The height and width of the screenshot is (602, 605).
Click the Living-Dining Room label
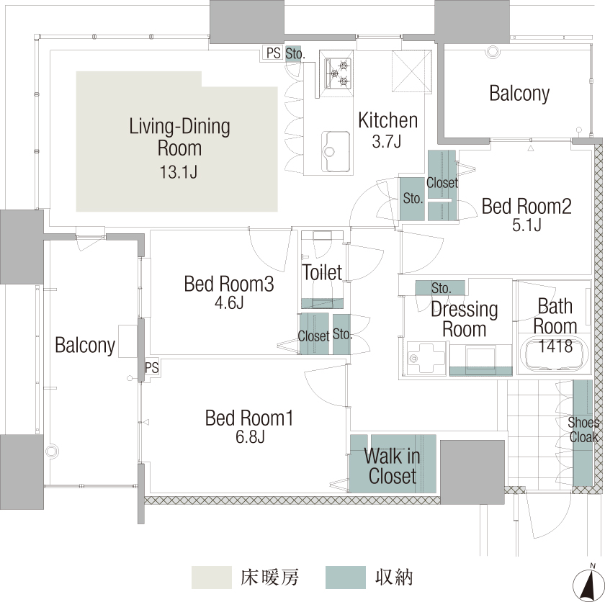pyautogui.click(x=179, y=138)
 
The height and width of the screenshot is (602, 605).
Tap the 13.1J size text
pyautogui.click(x=179, y=171)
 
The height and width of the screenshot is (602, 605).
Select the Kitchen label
pyautogui.click(x=387, y=120)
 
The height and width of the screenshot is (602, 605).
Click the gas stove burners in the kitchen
pyautogui.click(x=339, y=73)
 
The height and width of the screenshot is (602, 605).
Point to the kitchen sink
pyautogui.click(x=336, y=151)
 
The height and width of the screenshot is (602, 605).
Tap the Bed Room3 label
pyautogui.click(x=229, y=284)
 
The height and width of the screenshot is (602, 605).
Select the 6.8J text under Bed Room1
pyautogui.click(x=250, y=437)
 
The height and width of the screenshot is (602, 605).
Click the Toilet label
pyautogui.click(x=322, y=272)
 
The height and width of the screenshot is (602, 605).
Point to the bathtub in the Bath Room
pyautogui.click(x=555, y=354)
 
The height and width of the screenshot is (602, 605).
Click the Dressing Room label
pyautogui.click(x=464, y=319)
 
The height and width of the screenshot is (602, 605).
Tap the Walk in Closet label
pyautogui.click(x=392, y=466)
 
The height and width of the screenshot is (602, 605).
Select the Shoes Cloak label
pyautogui.click(x=583, y=430)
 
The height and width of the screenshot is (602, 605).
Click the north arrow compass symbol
pyautogui.click(x=589, y=583)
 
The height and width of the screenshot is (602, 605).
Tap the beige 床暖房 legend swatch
pyautogui.click(x=212, y=578)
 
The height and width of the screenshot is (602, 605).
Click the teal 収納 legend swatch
pyautogui.click(x=345, y=578)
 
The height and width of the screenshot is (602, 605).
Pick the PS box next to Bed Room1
pyautogui.click(x=152, y=368)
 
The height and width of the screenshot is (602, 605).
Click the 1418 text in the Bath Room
pyautogui.click(x=555, y=346)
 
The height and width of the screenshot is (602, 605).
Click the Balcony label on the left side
pyautogui.click(x=85, y=345)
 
